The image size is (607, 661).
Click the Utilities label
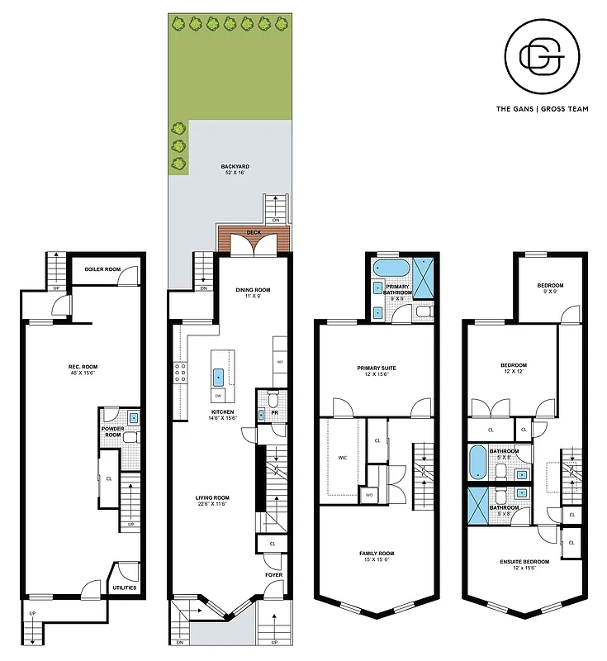coord(124,587)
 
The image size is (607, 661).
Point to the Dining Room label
coord(253,290)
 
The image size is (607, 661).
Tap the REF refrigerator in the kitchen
coord(279,361)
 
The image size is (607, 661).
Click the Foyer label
coord(273,574)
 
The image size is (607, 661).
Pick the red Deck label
coord(254,233)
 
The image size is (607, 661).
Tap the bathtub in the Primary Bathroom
coord(385,267)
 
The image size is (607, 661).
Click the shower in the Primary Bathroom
coord(424,277)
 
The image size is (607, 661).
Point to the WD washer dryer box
coord(368,495)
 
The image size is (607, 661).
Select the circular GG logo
coord(541,56)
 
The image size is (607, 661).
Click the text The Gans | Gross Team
coord(541,108)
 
